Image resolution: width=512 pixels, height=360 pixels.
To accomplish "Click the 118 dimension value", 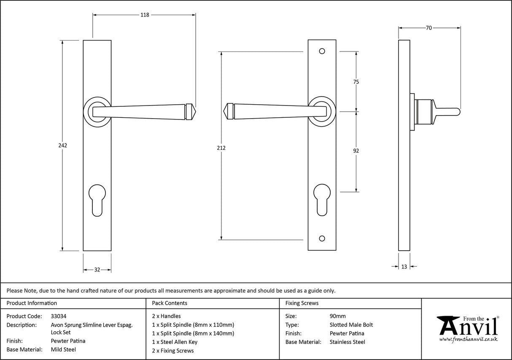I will tap(144, 15).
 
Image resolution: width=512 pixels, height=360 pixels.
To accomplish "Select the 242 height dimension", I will tap(63, 145).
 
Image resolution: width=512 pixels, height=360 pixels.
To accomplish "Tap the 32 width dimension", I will tap(97, 270).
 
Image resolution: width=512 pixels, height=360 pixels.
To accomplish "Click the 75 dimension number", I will tap(356, 82).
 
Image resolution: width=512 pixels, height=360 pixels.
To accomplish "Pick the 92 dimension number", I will tap(356, 151).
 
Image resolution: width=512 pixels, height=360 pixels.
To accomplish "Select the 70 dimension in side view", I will tap(428, 28).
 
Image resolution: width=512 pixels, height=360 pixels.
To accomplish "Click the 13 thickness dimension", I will tap(404, 266).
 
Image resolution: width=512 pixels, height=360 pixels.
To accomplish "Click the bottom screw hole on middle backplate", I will tap(322, 239).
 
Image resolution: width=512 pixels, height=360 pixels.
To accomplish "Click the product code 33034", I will tap(58, 316).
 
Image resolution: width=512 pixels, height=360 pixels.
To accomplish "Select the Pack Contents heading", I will tap(169, 303).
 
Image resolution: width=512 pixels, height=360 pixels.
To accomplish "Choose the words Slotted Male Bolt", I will tap(351, 325).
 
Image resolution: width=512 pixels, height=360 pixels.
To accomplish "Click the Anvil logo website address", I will tap(469, 339).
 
